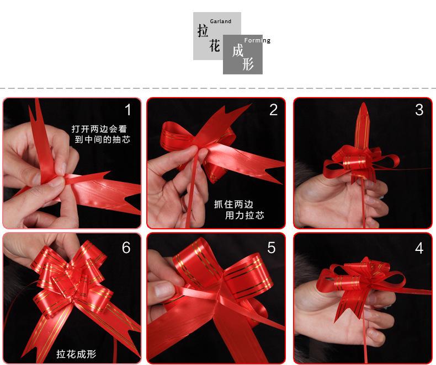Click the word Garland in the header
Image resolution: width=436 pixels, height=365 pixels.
coord(221,21)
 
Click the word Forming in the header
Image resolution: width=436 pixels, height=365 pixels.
coord(257,41)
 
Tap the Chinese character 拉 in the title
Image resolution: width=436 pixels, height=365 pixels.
coord(203,30)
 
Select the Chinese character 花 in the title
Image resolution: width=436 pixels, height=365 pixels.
coord(215,46)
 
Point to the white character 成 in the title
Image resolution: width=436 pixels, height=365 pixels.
coord(238,51)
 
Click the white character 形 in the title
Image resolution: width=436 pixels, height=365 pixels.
coord(248,64)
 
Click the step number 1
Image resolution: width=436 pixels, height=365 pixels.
coord(128,110)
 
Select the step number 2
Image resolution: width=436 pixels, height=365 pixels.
coord(273,110)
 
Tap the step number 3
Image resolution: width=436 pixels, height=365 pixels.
coord(419,110)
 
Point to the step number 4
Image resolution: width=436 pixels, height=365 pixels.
coord(419,248)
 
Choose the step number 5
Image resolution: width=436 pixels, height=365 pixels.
coord(272,248)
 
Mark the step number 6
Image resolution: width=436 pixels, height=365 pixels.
coord(126,247)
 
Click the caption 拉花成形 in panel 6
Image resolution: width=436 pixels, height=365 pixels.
coord(76,354)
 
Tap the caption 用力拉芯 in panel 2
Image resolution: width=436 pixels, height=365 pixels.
coord(244,215)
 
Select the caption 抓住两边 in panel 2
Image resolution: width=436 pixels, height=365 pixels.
coord(233,205)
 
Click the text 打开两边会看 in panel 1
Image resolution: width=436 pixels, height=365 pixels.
coord(99,128)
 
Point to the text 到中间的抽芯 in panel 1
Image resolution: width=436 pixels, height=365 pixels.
coord(102,139)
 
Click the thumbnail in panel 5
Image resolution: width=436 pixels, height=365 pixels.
coord(164,289)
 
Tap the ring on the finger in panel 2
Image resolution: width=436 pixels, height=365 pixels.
coord(184,204)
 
